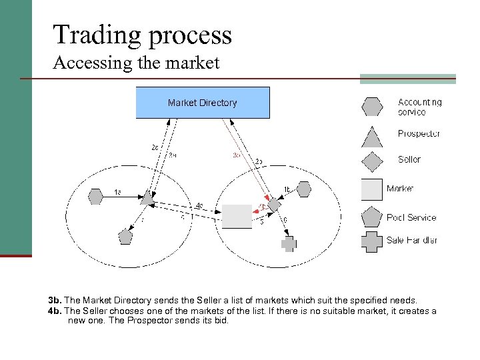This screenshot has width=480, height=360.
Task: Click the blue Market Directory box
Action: pos(203,103)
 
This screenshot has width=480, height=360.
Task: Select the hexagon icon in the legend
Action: pos(372,107)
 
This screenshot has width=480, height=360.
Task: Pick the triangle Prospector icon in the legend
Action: pos(372,135)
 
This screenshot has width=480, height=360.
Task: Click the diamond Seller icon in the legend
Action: pos(372,161)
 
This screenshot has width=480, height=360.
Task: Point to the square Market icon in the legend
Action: pos(372,189)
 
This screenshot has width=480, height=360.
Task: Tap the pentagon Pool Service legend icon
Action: pos(372,217)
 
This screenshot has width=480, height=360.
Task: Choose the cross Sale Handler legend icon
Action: pos(372,241)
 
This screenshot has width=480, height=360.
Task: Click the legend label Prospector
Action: pos(419,134)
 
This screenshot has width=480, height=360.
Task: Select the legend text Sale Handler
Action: pos(412,241)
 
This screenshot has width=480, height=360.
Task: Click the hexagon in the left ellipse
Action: pos(96,196)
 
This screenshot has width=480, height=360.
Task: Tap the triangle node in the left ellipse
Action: pos(147,198)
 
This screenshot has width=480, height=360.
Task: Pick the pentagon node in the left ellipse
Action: pos(125,236)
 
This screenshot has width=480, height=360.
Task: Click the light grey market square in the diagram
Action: pos(237,216)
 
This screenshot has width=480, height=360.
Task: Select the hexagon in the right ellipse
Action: pos(304,190)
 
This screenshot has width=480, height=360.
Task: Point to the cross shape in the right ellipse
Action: pos(288,244)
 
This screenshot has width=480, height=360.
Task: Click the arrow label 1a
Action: pos(117,193)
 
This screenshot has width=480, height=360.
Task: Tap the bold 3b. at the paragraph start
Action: pos(55,301)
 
